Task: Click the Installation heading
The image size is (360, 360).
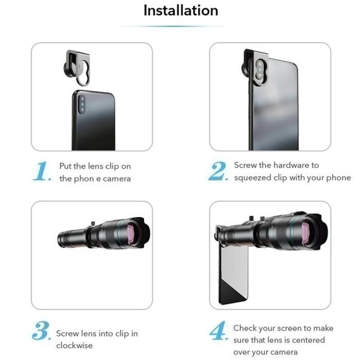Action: point(180,10)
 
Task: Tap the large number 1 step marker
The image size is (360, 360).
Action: point(43,171)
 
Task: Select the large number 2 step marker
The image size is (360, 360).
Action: point(218,171)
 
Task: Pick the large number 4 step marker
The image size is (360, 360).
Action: point(218,332)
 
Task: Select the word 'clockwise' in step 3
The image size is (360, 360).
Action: point(75,346)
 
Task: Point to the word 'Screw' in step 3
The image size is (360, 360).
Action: point(67,334)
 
